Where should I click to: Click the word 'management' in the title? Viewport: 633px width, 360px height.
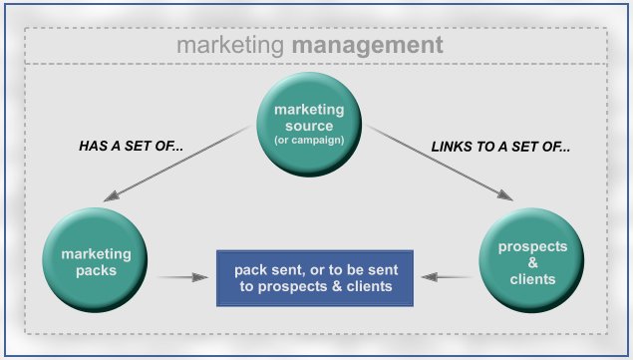[x=383, y=45]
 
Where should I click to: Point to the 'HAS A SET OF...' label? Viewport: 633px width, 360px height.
[x=132, y=146]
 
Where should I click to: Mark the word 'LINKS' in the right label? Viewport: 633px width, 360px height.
[x=449, y=146]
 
